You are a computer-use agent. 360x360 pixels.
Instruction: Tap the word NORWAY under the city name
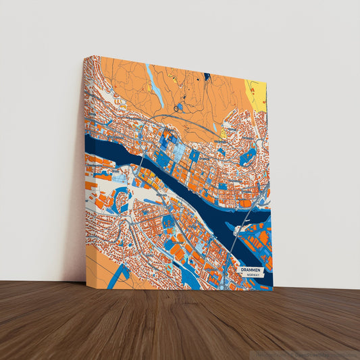(253, 275)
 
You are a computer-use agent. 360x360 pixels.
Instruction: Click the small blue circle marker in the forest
(178, 107)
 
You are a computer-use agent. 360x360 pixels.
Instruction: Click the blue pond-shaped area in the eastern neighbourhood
(247, 157)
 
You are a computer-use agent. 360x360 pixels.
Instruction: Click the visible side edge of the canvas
(85, 169)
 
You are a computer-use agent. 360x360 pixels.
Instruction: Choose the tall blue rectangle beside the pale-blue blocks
(194, 156)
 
